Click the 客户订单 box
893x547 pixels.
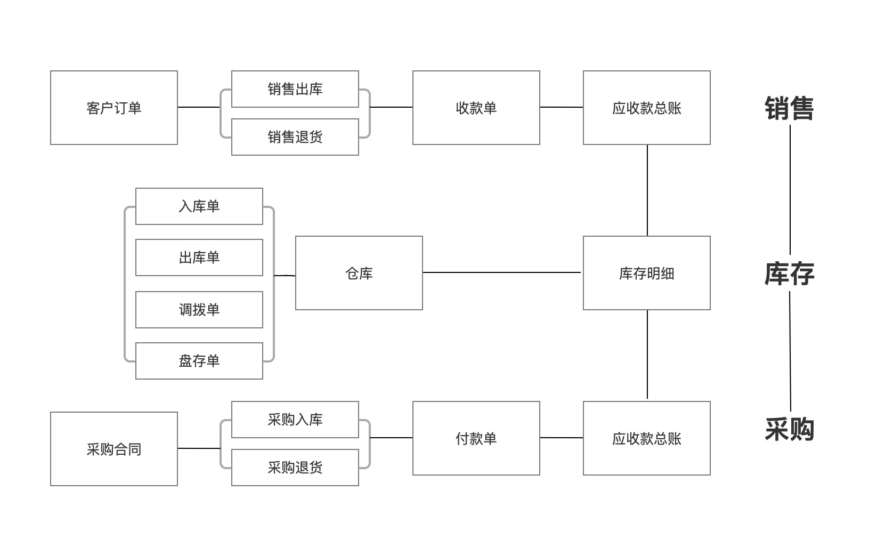coord(114,108)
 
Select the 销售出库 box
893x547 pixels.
coord(295,89)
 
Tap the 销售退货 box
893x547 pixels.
coord(295,137)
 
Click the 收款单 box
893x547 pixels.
coord(476,108)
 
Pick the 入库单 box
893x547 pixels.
coord(199,206)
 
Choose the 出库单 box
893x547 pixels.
coord(199,258)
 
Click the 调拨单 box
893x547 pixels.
coord(199,310)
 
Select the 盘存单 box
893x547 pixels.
coord(199,361)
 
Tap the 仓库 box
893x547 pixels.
coord(359,273)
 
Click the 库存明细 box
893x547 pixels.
coord(647,273)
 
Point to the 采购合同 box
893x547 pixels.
coord(114,449)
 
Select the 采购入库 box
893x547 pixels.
coord(295,420)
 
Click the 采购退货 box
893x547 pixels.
coord(295,468)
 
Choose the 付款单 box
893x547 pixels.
coord(476,438)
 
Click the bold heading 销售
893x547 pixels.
coord(789,108)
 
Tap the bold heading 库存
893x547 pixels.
coord(789,273)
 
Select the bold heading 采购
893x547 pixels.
coord(789,429)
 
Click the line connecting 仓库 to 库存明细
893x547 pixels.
coord(501,272)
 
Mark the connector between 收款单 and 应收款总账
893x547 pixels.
coord(561,107)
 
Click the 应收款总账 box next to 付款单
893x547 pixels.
coord(647,438)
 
